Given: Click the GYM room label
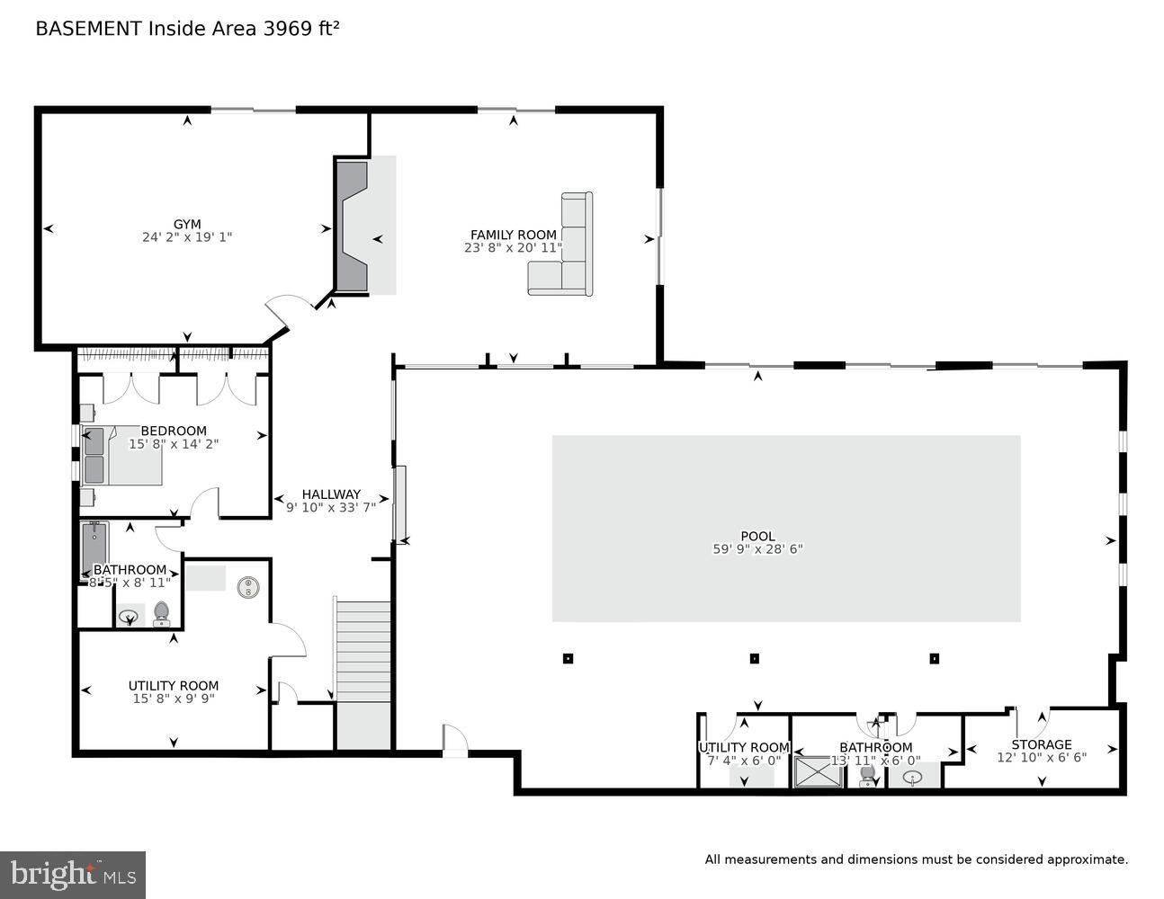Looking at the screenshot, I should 187,225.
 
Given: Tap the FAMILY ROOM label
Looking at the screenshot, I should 513,235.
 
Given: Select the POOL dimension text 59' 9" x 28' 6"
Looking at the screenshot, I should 757,549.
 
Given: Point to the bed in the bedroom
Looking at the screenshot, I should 126,455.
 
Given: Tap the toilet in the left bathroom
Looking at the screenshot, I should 162,612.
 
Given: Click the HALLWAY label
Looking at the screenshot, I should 331,494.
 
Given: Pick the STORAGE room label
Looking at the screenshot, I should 1041,744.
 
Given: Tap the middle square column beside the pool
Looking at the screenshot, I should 754,658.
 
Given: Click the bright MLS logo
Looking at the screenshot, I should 73,873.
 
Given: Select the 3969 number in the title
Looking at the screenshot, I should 283,29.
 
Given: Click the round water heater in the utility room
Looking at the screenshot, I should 248,588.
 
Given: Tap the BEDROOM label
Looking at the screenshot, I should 174,431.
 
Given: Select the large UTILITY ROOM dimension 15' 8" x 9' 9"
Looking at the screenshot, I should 174,699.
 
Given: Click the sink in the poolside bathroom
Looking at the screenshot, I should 914,777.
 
